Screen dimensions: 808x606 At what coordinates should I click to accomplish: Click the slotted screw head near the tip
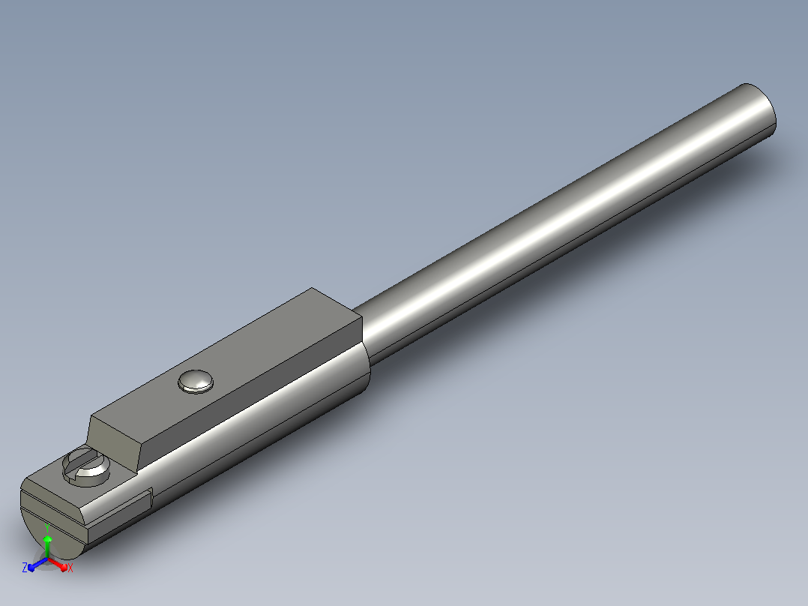86,466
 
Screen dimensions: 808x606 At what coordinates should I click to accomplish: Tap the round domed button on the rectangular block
196,382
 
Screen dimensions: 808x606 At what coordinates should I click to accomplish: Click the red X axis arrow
58,564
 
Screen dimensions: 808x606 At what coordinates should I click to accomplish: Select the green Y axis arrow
47,547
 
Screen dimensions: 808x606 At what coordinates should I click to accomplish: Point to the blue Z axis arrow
37,564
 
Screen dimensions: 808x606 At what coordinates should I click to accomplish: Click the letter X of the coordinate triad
70,568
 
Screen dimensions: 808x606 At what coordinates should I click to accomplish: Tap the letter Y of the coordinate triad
47,527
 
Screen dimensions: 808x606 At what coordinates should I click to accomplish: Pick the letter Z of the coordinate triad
24,567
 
